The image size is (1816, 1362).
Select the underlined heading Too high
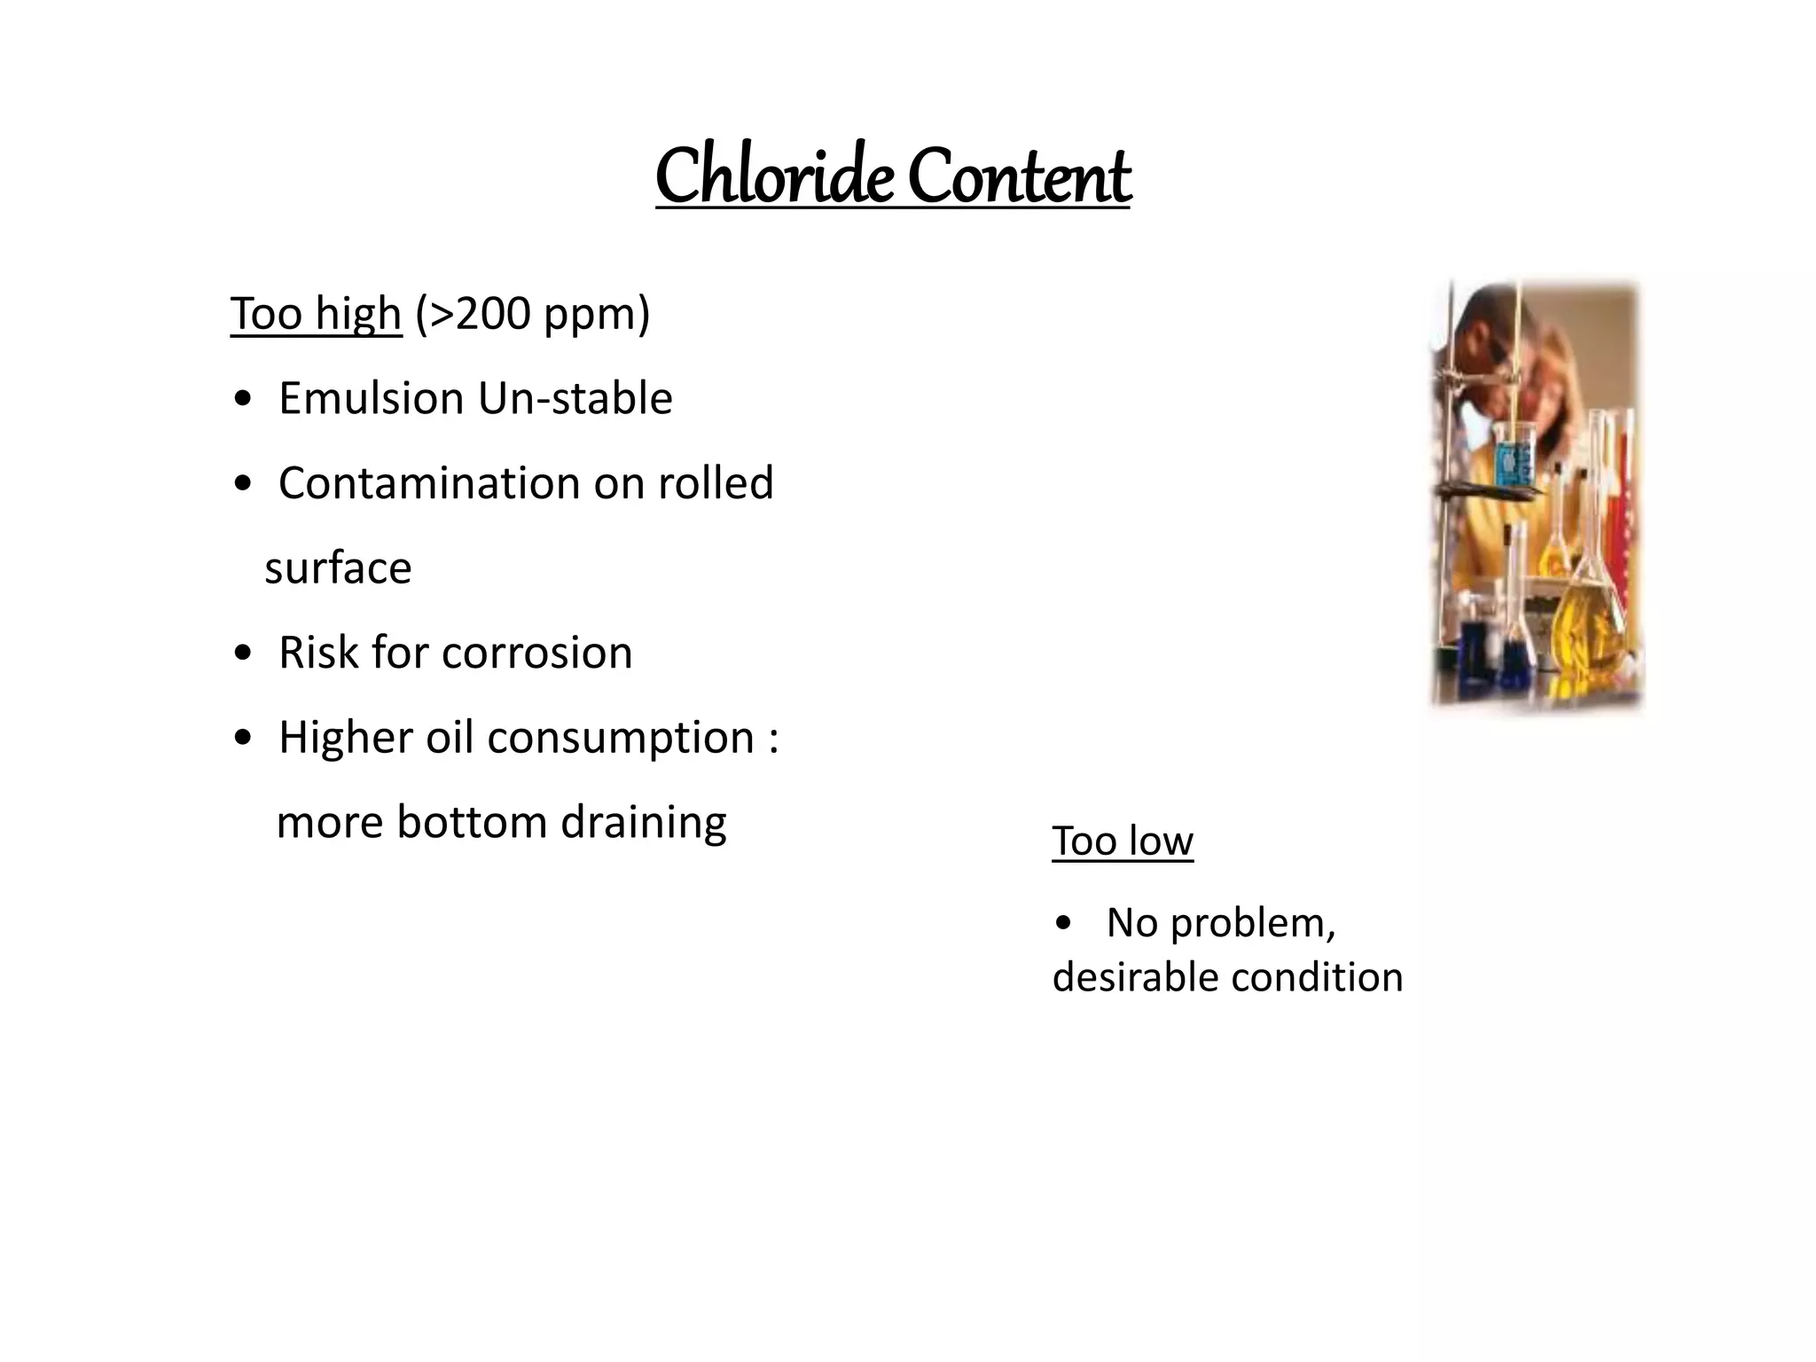click(316, 314)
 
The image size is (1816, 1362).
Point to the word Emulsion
click(371, 398)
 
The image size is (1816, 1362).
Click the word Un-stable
click(575, 398)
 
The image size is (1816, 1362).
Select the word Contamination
click(428, 483)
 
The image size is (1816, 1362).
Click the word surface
click(338, 569)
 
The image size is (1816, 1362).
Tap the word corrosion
click(536, 654)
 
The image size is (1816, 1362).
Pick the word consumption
click(620, 739)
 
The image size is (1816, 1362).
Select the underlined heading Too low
click(1122, 841)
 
